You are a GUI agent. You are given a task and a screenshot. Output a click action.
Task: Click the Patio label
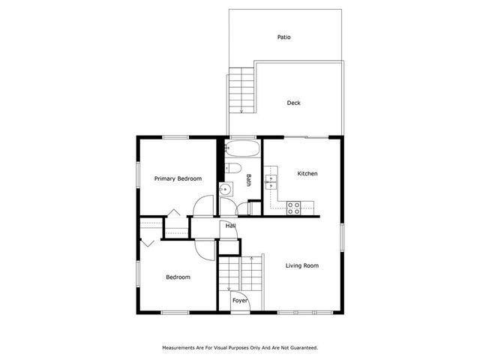click(x=283, y=37)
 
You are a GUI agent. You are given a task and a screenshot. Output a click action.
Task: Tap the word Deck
click(x=293, y=103)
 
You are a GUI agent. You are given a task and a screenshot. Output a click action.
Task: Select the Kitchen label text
click(x=307, y=173)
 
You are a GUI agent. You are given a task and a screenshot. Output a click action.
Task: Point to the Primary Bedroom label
click(x=178, y=178)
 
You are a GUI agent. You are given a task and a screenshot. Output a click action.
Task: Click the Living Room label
click(x=302, y=265)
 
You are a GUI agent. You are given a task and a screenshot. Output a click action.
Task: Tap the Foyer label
click(x=239, y=300)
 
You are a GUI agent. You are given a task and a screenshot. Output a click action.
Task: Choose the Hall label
click(x=230, y=225)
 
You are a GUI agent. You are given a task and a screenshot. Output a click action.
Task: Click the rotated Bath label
click(x=248, y=180)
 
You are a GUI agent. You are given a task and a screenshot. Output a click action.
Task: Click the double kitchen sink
click(x=271, y=180)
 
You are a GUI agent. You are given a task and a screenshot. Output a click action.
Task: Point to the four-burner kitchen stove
click(x=294, y=208)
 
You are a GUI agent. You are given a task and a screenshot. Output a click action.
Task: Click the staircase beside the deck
click(x=241, y=89)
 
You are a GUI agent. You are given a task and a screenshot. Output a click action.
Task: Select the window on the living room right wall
click(x=341, y=238)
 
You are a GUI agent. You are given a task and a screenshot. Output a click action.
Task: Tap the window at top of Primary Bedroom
click(x=176, y=136)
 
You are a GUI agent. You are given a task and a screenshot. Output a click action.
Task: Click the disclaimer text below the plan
click(x=240, y=347)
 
